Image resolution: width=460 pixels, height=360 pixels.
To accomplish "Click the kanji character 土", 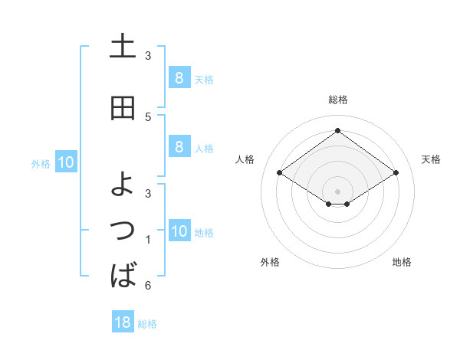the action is pyautogui.click(x=123, y=47).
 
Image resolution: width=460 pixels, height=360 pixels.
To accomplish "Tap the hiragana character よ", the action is pyautogui.click(x=123, y=184).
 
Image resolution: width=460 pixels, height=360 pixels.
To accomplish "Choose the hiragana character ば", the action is pyautogui.click(x=123, y=273).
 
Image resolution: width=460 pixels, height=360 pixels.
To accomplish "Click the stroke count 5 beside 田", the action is pyautogui.click(x=148, y=116).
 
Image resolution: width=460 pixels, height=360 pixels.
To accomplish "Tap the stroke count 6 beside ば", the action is pyautogui.click(x=148, y=286).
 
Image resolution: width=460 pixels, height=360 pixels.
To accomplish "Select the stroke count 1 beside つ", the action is pyautogui.click(x=148, y=241).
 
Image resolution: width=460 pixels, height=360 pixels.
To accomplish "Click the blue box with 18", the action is pyautogui.click(x=123, y=322).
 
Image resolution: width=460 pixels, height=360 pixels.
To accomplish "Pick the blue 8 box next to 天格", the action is pyautogui.click(x=179, y=78).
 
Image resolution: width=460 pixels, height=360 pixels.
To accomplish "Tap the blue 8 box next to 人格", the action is pyautogui.click(x=179, y=147).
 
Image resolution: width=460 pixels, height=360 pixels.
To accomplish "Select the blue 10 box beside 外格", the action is pyautogui.click(x=66, y=162).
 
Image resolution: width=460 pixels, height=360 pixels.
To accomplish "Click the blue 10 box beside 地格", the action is pyautogui.click(x=179, y=231).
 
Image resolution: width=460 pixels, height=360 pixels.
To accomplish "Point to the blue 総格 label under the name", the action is pyautogui.click(x=147, y=324).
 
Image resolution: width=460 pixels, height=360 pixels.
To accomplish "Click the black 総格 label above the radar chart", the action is pyautogui.click(x=338, y=100).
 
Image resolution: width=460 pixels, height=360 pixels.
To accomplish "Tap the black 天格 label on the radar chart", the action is pyautogui.click(x=431, y=159).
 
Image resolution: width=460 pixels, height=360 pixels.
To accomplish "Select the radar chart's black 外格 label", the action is pyautogui.click(x=270, y=262).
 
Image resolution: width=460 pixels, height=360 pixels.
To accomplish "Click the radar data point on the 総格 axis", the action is pyautogui.click(x=337, y=131).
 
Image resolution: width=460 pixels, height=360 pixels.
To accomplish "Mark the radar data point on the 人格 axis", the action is pyautogui.click(x=280, y=173).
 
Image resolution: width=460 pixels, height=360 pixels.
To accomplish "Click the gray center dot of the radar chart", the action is pyautogui.click(x=337, y=191).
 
